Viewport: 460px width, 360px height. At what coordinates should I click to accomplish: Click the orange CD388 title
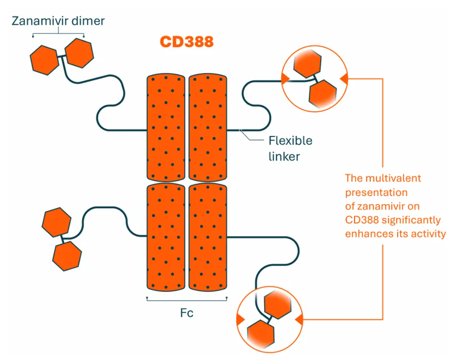click(x=186, y=42)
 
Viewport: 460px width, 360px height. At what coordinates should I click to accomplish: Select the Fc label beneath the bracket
click(x=186, y=313)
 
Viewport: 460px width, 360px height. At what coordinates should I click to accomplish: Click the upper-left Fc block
click(x=166, y=127)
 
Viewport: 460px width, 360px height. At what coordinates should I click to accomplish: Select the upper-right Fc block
click(x=208, y=127)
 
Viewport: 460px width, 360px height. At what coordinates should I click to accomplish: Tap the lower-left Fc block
click(x=166, y=237)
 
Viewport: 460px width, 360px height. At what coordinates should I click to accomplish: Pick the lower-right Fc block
click(x=208, y=237)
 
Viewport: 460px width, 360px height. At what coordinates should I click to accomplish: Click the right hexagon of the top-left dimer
click(x=80, y=52)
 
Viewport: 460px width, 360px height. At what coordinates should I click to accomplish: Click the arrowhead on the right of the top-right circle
click(x=344, y=78)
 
